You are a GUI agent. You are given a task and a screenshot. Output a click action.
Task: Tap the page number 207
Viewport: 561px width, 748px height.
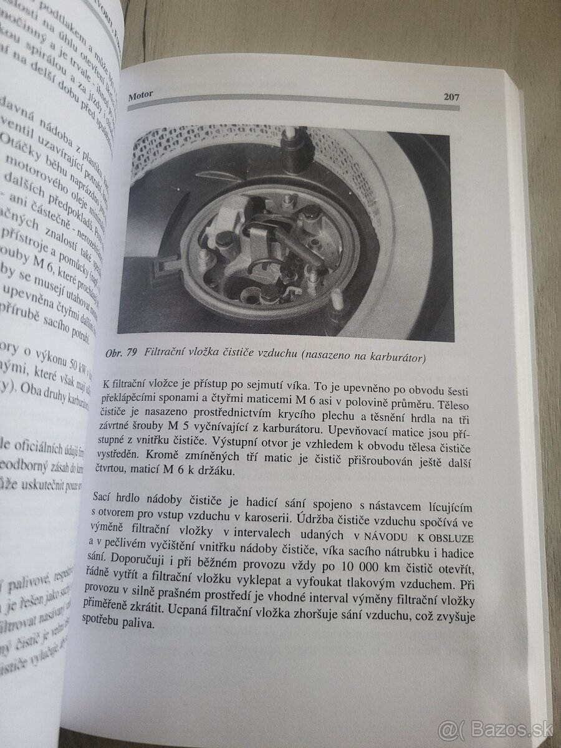[451, 97]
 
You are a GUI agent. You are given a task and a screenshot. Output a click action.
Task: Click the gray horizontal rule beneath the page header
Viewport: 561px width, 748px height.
[293, 108]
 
